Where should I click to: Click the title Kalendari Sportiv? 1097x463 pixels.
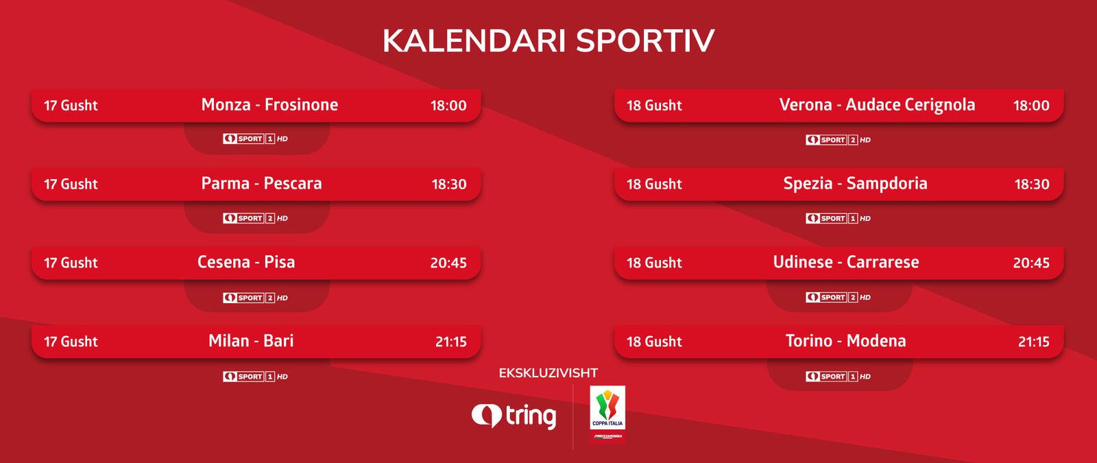click(548, 40)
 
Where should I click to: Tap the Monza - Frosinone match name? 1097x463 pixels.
click(269, 105)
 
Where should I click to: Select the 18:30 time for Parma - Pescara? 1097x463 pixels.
click(449, 185)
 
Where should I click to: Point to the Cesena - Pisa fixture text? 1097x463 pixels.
click(246, 262)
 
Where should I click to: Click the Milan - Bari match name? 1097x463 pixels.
click(251, 341)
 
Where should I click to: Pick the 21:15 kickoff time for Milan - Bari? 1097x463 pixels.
click(451, 342)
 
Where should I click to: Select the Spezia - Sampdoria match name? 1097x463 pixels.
click(855, 184)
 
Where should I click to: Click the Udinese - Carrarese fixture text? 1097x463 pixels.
click(846, 262)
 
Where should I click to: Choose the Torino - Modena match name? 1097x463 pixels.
click(846, 341)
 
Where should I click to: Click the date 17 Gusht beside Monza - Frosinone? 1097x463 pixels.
click(71, 106)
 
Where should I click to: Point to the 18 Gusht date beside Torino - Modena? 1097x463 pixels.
click(654, 342)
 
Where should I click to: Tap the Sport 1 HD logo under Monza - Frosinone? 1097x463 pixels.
click(255, 139)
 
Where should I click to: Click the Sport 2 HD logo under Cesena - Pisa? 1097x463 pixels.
click(255, 298)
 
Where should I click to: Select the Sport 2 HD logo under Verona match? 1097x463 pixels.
click(838, 140)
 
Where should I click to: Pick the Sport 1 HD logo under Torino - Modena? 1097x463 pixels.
click(838, 377)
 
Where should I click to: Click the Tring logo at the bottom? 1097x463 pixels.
click(514, 416)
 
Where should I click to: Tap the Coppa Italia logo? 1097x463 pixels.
click(607, 414)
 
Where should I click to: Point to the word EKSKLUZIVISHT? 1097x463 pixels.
click(548, 373)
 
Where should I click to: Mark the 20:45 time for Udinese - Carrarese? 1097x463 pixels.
click(1031, 263)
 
